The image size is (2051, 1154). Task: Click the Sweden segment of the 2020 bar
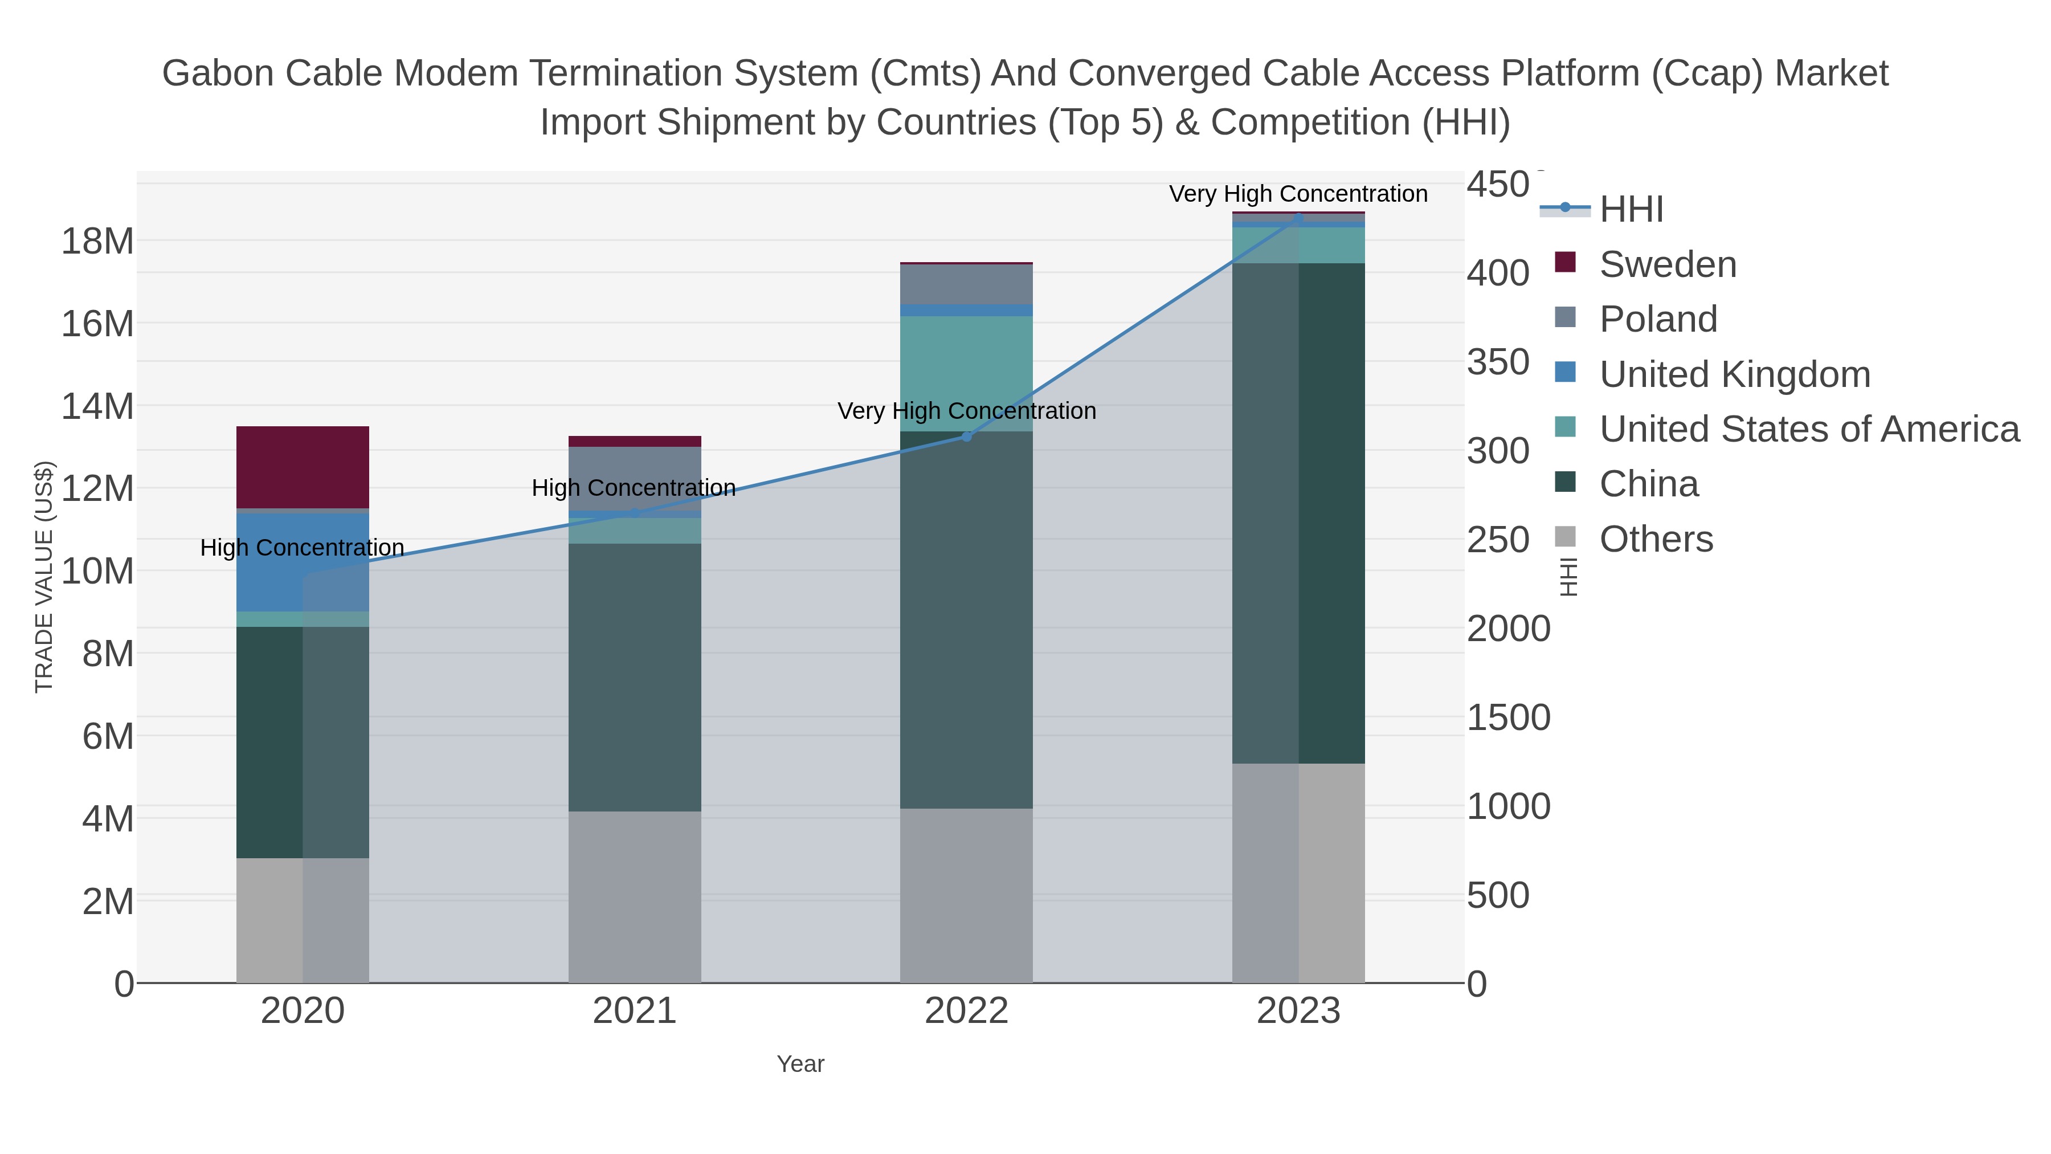[303, 467]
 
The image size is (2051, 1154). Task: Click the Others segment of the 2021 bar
[635, 896]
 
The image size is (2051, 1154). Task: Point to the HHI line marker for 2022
[967, 437]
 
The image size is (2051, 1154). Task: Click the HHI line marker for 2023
[1298, 218]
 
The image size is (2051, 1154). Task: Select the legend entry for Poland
[1658, 319]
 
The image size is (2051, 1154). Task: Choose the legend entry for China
[1648, 484]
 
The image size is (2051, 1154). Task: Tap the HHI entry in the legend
[1631, 210]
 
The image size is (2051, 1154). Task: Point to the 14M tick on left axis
[97, 406]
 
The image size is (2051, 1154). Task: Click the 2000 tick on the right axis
[1508, 629]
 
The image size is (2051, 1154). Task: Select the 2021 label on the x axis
[635, 1010]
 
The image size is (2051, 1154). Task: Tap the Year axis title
[800, 1064]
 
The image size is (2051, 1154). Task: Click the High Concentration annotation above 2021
[634, 487]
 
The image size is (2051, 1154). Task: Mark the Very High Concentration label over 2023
[1298, 194]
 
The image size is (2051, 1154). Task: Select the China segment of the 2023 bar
[1298, 513]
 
